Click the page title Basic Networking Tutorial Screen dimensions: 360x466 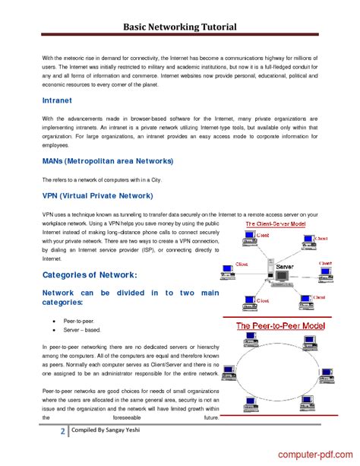pyautogui.click(x=180, y=27)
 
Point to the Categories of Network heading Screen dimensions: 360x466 pyautogui.click(x=90, y=274)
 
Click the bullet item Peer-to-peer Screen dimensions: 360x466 pyautogui.click(x=80, y=322)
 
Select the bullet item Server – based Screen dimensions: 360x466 pyautogui.click(x=82, y=331)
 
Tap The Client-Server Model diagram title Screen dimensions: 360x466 pyautogui.click(x=276, y=225)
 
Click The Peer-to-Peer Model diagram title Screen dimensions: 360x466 pyautogui.click(x=280, y=325)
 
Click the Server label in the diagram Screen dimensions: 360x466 pyautogui.click(x=286, y=268)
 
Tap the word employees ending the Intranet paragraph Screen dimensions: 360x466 pyautogui.click(x=56, y=144)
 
